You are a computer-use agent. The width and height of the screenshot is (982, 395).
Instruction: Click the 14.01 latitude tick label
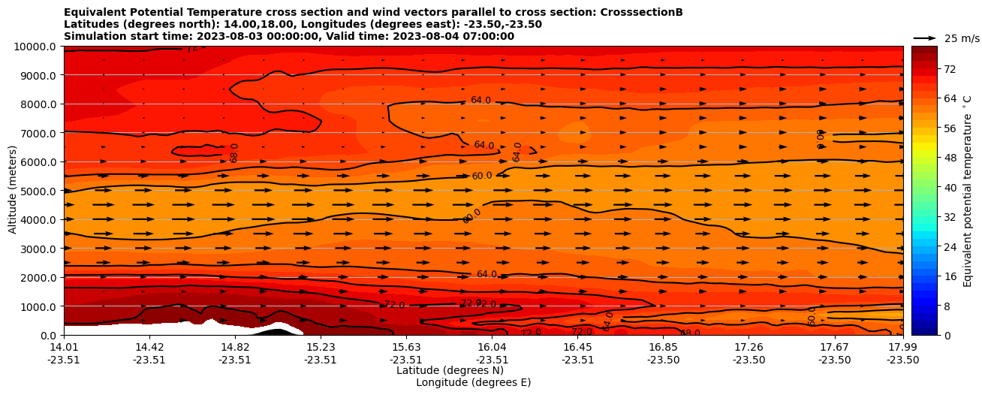(x=64, y=347)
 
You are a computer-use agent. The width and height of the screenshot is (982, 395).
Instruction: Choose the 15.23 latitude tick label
(x=321, y=347)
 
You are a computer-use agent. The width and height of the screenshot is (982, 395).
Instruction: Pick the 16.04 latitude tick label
(x=492, y=347)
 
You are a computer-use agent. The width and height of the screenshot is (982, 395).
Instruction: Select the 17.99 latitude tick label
(x=902, y=347)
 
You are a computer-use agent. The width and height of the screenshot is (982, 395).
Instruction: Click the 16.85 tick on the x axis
(x=664, y=347)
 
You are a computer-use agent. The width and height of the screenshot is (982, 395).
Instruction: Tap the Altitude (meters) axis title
(x=13, y=191)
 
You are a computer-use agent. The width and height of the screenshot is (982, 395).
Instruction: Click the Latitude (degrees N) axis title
(x=450, y=370)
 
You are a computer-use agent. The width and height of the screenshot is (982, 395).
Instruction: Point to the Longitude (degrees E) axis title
(x=473, y=382)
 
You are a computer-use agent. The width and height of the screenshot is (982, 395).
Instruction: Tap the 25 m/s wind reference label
(x=962, y=38)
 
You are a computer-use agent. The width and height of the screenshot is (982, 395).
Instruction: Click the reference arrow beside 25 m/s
(x=924, y=38)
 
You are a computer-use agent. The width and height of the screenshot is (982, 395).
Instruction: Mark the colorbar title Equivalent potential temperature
(x=968, y=191)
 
